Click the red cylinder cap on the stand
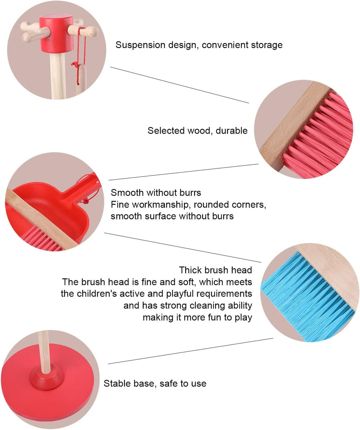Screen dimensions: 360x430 57,34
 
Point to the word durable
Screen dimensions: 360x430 232,130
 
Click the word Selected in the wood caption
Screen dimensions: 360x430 166,130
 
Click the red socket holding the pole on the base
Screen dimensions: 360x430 47,380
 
